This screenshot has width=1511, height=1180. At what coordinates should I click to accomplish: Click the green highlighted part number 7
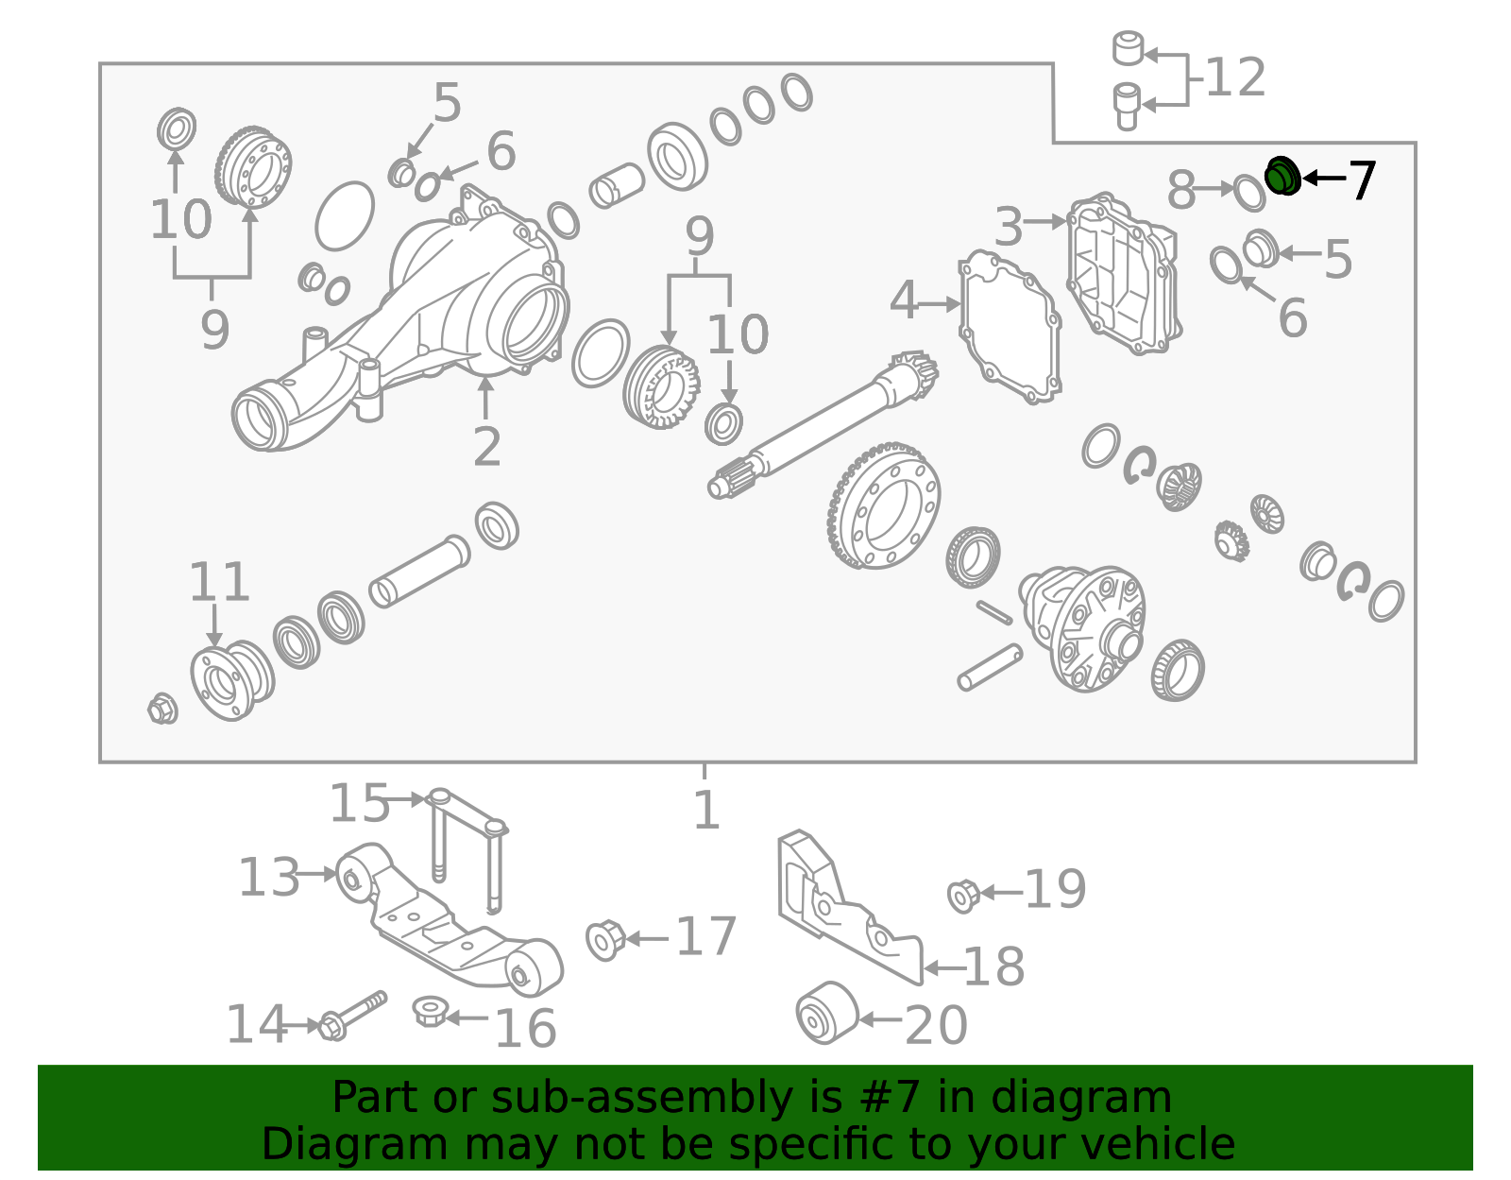point(1282,176)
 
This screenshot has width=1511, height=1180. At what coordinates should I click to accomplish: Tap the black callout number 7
point(1361,180)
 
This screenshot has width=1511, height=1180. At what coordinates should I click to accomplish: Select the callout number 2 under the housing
point(486,447)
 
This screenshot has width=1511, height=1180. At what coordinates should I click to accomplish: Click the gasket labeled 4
point(1010,327)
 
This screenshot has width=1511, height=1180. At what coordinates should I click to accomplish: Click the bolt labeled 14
point(351,1016)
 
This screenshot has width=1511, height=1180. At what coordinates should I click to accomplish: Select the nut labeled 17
point(605,940)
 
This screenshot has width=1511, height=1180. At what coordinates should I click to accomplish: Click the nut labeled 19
point(964,896)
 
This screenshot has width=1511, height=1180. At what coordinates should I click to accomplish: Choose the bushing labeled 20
point(827,1013)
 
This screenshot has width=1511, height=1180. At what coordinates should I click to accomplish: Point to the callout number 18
point(993,966)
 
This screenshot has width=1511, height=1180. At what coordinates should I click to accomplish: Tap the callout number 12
point(1235,77)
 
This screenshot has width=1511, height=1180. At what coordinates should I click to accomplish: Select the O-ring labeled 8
point(1248,193)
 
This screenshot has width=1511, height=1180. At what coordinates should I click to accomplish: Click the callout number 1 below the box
point(706,810)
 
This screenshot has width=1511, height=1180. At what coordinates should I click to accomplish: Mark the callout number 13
point(269,877)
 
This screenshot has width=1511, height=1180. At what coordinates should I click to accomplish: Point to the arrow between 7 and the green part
point(1324,179)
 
